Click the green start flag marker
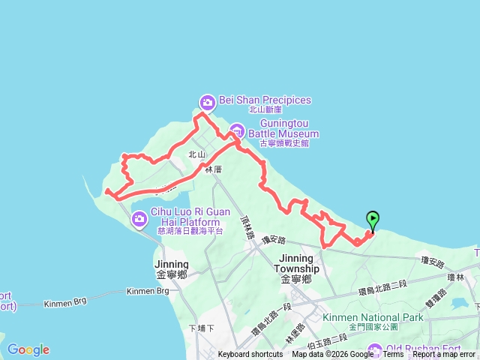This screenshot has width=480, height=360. click(x=373, y=219)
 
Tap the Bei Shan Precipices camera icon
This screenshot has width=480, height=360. click(x=207, y=101)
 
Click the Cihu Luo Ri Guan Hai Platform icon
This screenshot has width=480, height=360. click(x=139, y=219)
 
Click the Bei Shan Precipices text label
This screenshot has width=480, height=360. click(x=265, y=100)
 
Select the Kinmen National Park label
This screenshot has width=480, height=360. click(x=373, y=318)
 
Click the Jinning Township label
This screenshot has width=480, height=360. click(x=297, y=263)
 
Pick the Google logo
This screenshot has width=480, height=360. click(x=28, y=349)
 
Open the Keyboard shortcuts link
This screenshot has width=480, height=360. click(x=250, y=355)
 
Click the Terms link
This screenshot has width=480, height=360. click(x=393, y=355)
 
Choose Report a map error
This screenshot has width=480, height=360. click(x=444, y=355)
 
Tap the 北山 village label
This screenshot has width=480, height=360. click(x=196, y=154)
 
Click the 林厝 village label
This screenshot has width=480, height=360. click(x=214, y=170)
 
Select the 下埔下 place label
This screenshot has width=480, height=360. click(x=202, y=328)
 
